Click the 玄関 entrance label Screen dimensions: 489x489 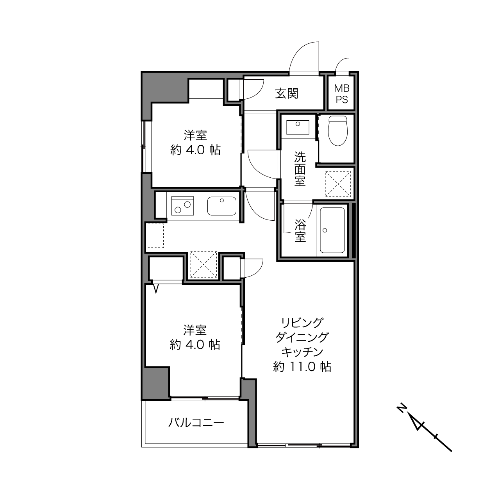pyautogui.click(x=287, y=94)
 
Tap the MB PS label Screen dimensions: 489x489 pyautogui.click(x=342, y=94)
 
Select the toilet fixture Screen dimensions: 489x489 pyautogui.click(x=337, y=130)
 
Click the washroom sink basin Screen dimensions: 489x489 pyautogui.click(x=298, y=127)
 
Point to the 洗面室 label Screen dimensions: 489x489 pyautogui.click(x=300, y=169)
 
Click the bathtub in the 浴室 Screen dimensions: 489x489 pyautogui.click(x=332, y=230)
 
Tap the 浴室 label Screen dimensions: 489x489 pyautogui.click(x=300, y=230)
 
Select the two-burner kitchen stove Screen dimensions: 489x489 pyautogui.click(x=182, y=206)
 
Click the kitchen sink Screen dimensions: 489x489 pyautogui.click(x=222, y=206)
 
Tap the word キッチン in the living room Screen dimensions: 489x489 pyautogui.click(x=302, y=352)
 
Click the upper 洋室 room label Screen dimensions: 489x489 pyautogui.click(x=195, y=135)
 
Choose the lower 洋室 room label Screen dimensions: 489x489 pyautogui.click(x=195, y=330)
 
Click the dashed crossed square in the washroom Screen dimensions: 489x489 pyautogui.click(x=338, y=184)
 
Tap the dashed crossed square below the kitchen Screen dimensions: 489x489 pyautogui.click(x=203, y=264)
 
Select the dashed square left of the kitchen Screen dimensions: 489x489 pyautogui.click(x=155, y=236)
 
